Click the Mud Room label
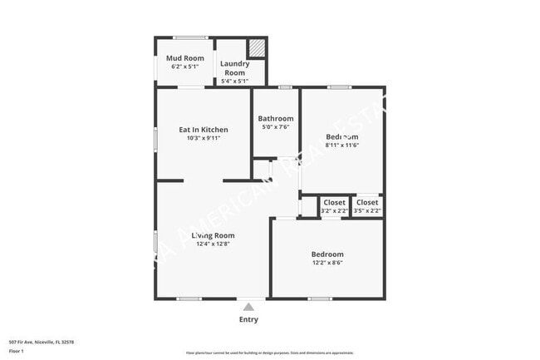click(x=184, y=58)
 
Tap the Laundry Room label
click(x=234, y=67)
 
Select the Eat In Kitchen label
click(x=204, y=130)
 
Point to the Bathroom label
click(x=275, y=119)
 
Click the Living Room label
click(x=213, y=235)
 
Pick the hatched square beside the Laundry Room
click(x=258, y=49)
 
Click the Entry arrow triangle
click(x=248, y=308)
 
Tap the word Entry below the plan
click(x=248, y=319)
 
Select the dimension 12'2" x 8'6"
click(x=326, y=263)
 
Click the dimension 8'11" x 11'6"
click(x=341, y=145)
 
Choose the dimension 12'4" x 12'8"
click(x=213, y=244)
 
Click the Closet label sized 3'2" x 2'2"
click(x=334, y=202)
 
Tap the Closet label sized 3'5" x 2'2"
click(x=366, y=202)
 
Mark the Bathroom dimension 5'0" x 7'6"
click(x=275, y=127)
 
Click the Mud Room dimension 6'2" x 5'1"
click(x=184, y=67)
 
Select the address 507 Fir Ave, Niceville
click(x=42, y=342)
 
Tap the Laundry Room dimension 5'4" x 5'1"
click(x=234, y=81)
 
